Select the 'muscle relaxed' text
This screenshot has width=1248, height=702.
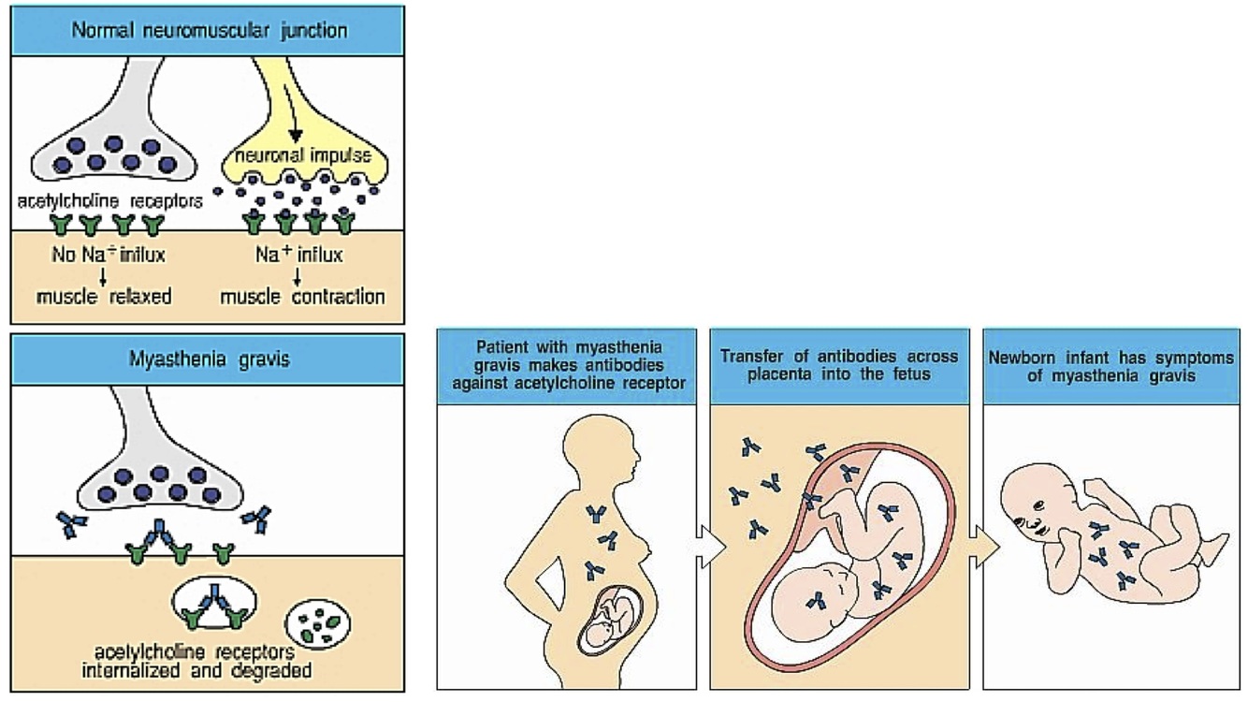[105, 297]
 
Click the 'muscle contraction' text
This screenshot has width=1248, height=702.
[302, 297]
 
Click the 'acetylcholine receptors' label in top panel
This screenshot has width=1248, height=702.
[109, 200]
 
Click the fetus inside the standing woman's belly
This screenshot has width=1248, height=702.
[608, 619]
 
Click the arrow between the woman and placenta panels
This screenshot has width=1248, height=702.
[711, 547]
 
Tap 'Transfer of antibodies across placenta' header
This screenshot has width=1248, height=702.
[839, 365]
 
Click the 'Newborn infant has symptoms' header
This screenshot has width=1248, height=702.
[1111, 365]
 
